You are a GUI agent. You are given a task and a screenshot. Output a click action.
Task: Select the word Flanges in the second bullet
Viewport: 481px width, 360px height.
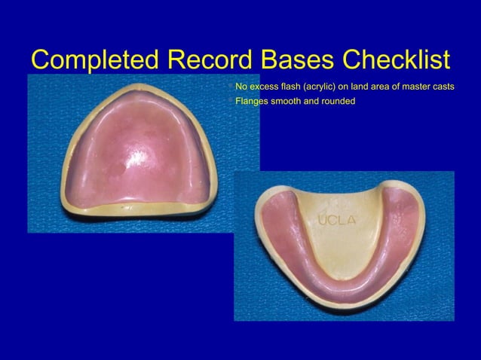pyautogui.click(x=253, y=101)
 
